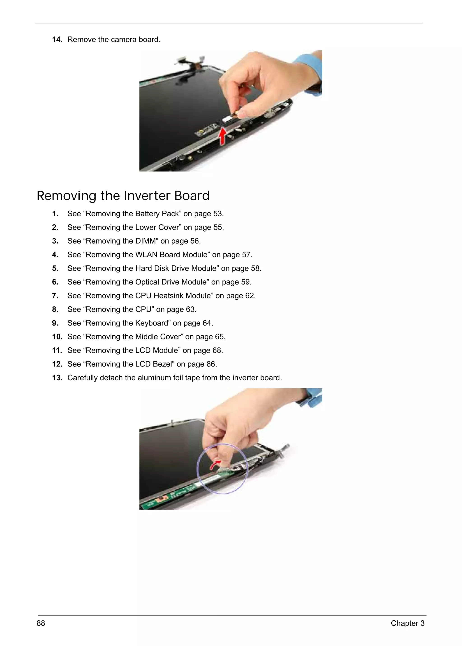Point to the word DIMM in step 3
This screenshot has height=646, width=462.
click(x=146, y=241)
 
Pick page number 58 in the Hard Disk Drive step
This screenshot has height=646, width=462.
click(x=255, y=268)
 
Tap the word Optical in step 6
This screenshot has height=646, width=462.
click(x=146, y=282)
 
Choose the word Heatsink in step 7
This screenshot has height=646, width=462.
click(x=198, y=296)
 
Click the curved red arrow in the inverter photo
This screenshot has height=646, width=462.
click(x=215, y=465)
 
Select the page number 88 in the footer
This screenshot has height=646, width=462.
click(x=41, y=623)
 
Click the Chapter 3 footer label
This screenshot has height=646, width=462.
click(x=407, y=623)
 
